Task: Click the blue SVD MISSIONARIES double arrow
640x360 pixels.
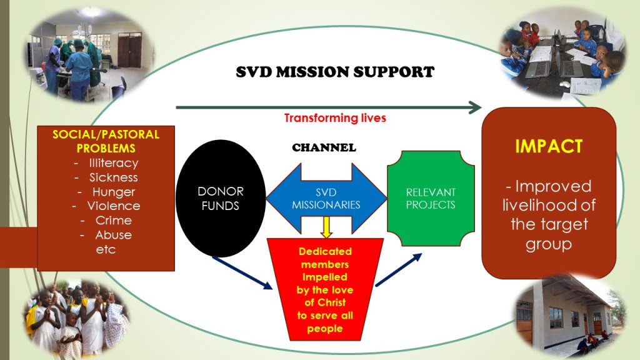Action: tap(327, 199)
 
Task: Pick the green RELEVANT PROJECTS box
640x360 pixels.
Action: tap(431, 197)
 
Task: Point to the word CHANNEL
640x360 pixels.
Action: tap(324, 148)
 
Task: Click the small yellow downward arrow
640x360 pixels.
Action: tap(326, 226)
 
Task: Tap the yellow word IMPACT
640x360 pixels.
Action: tap(549, 146)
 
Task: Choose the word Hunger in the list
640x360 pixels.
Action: tap(113, 192)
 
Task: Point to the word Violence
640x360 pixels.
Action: tap(113, 206)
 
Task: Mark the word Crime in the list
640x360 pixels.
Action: tap(113, 220)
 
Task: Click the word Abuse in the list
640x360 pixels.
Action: tap(113, 235)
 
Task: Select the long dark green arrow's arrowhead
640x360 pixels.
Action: tap(475, 107)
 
